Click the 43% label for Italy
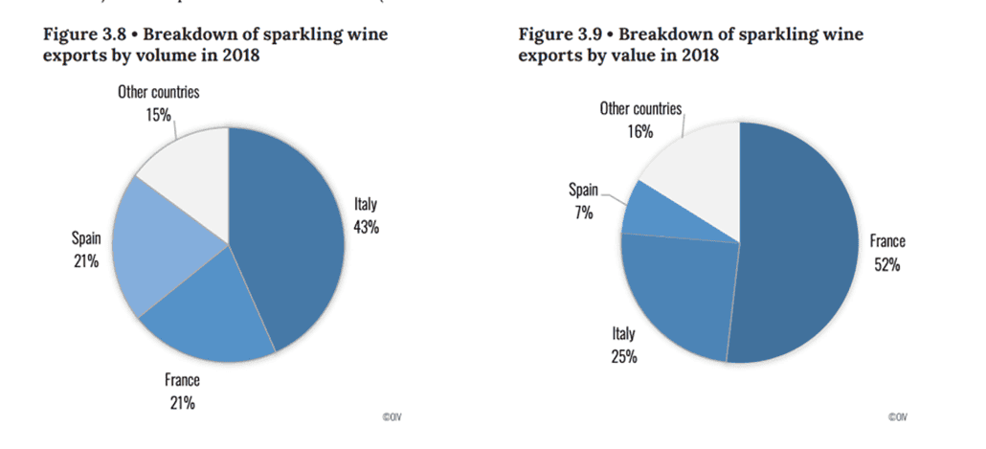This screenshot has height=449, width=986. (x=368, y=228)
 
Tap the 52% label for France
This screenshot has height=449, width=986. (x=885, y=264)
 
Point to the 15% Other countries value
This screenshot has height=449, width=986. (x=159, y=115)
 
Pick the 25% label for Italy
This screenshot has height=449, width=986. (x=624, y=357)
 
